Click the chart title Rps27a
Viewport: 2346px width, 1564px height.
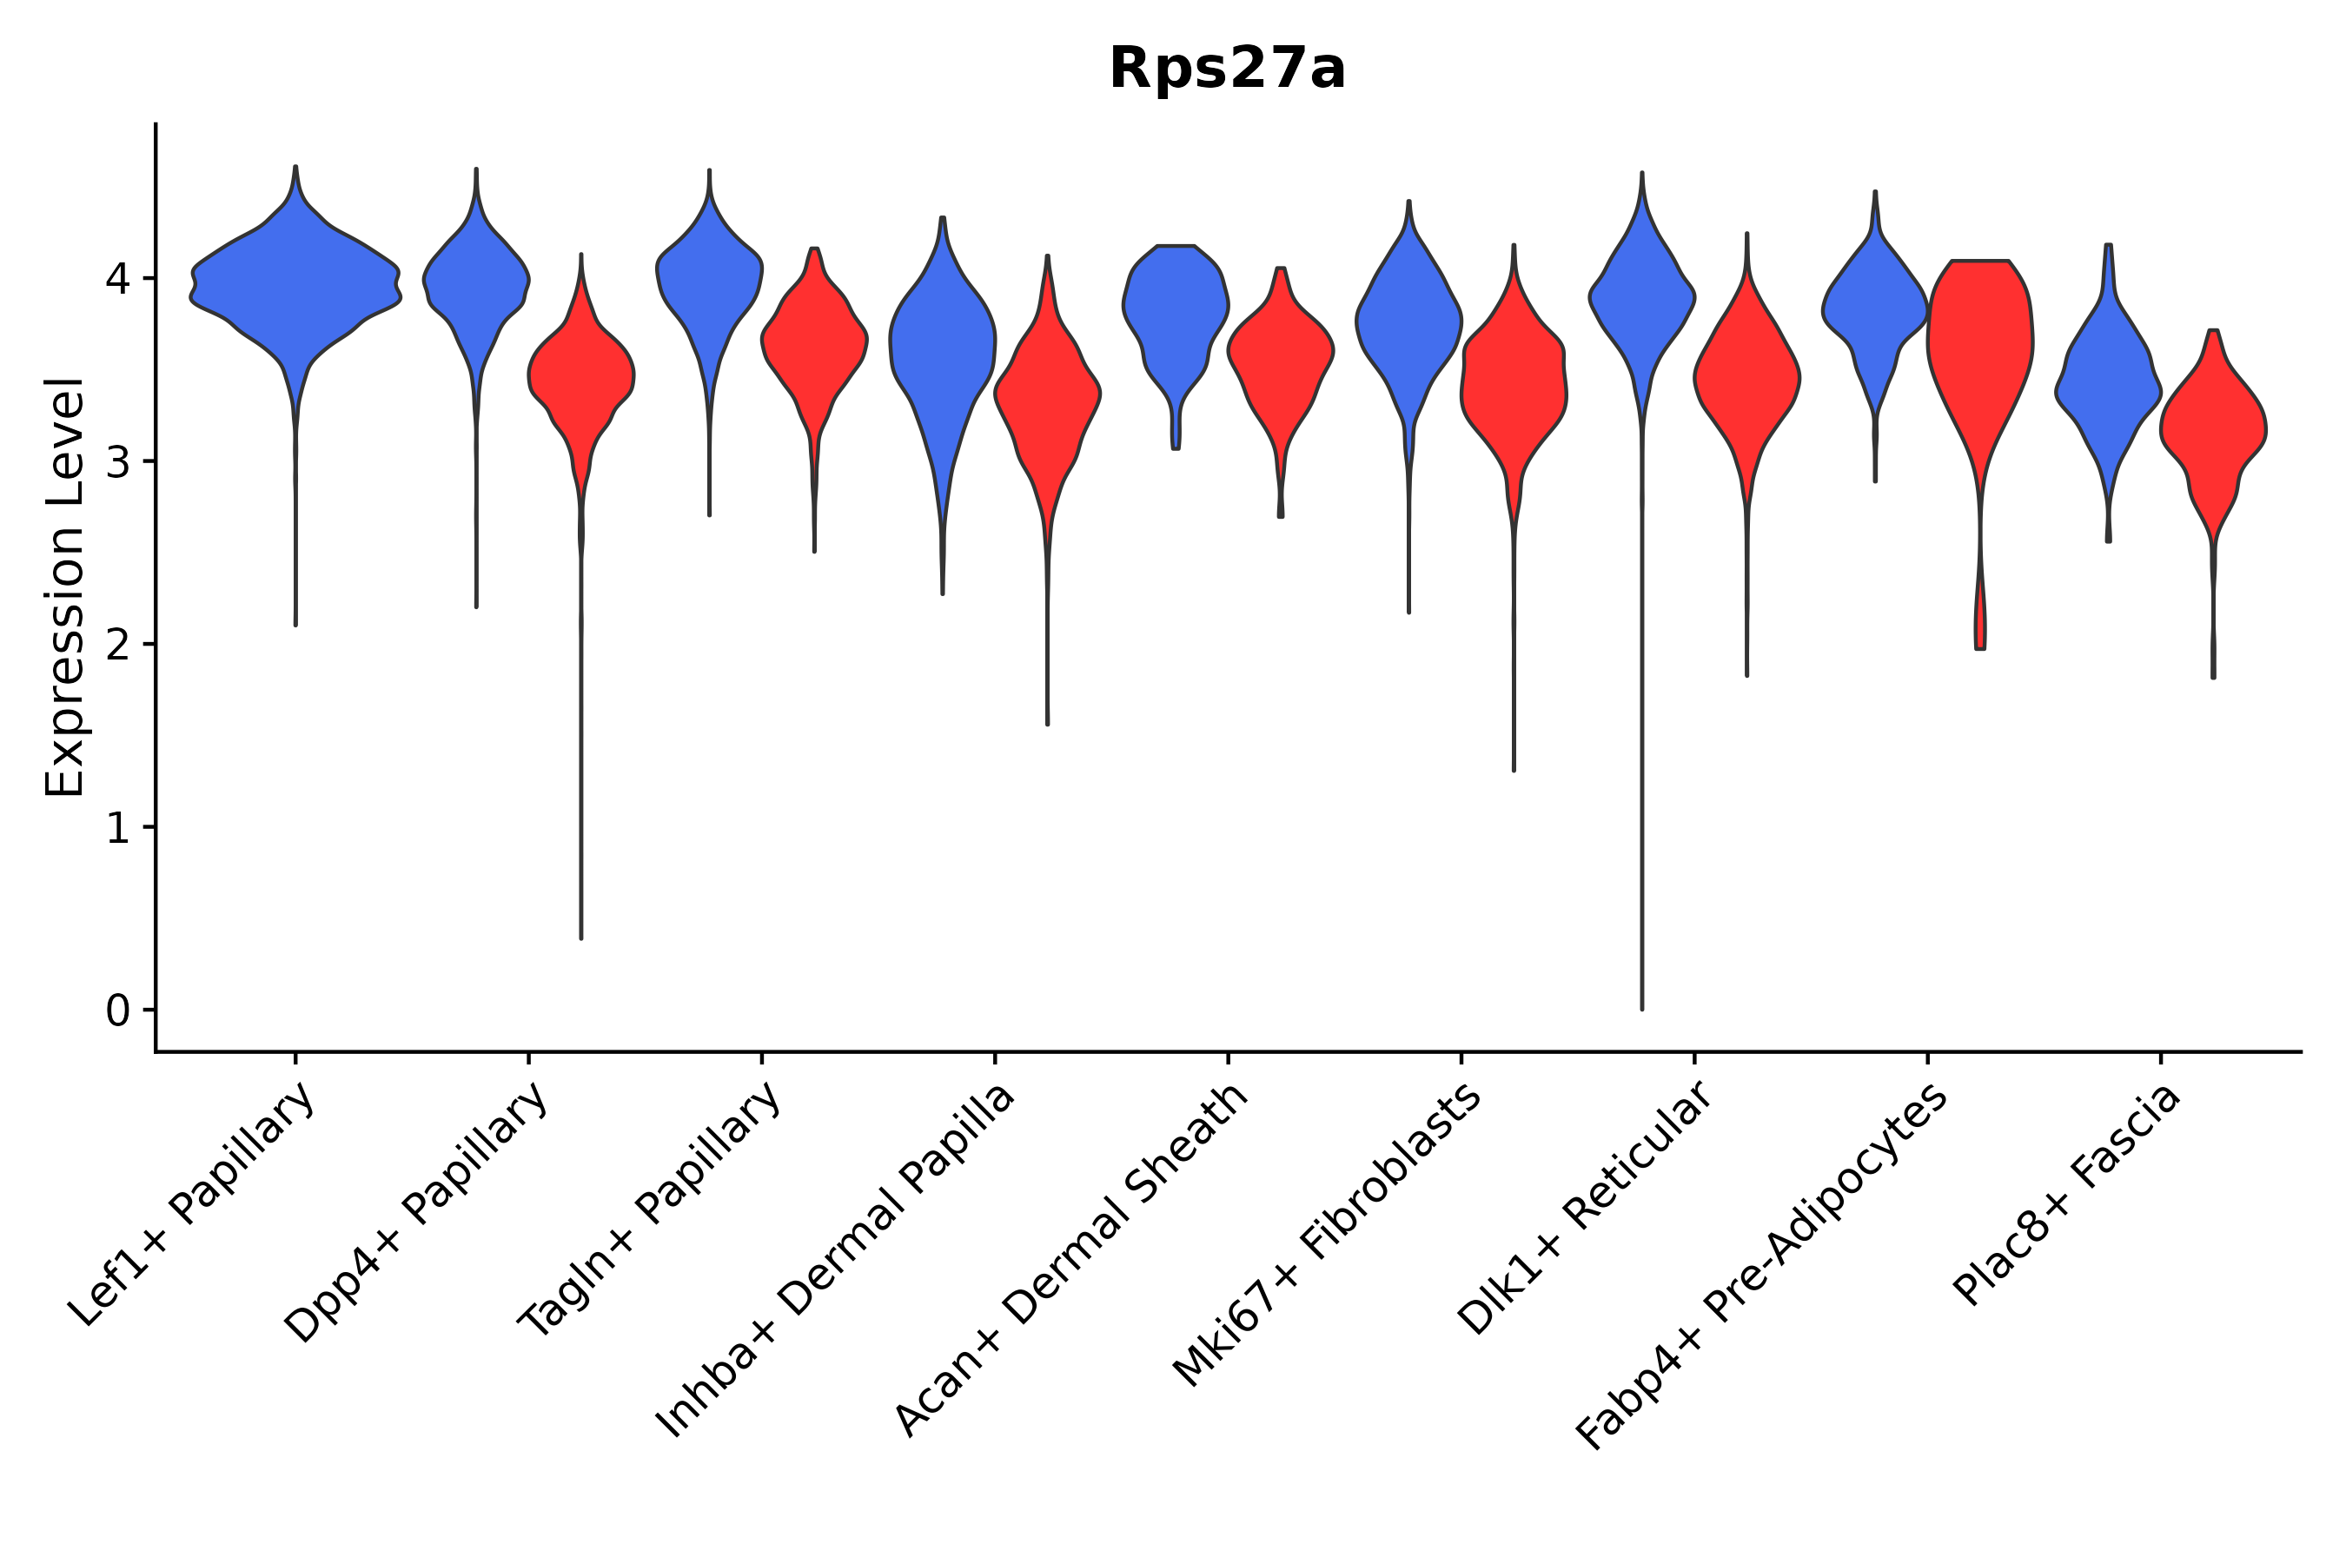1227,70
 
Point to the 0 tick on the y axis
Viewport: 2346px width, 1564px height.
117,1011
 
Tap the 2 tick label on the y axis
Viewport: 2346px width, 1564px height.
117,646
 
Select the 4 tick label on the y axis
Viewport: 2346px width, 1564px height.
117,279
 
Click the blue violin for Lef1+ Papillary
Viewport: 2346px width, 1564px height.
296,289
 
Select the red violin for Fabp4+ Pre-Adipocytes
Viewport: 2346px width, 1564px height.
1981,339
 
